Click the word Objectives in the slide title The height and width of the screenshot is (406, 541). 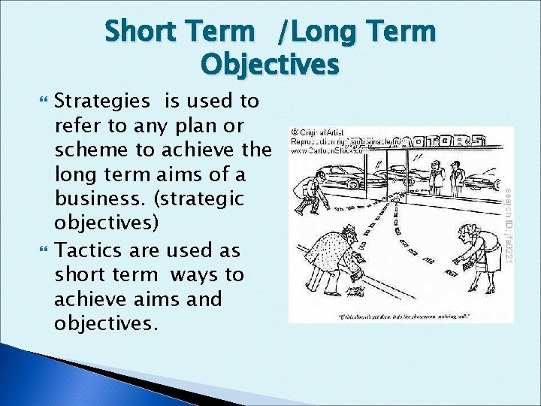pos(270,65)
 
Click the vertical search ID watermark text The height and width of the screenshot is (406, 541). pos(507,225)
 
